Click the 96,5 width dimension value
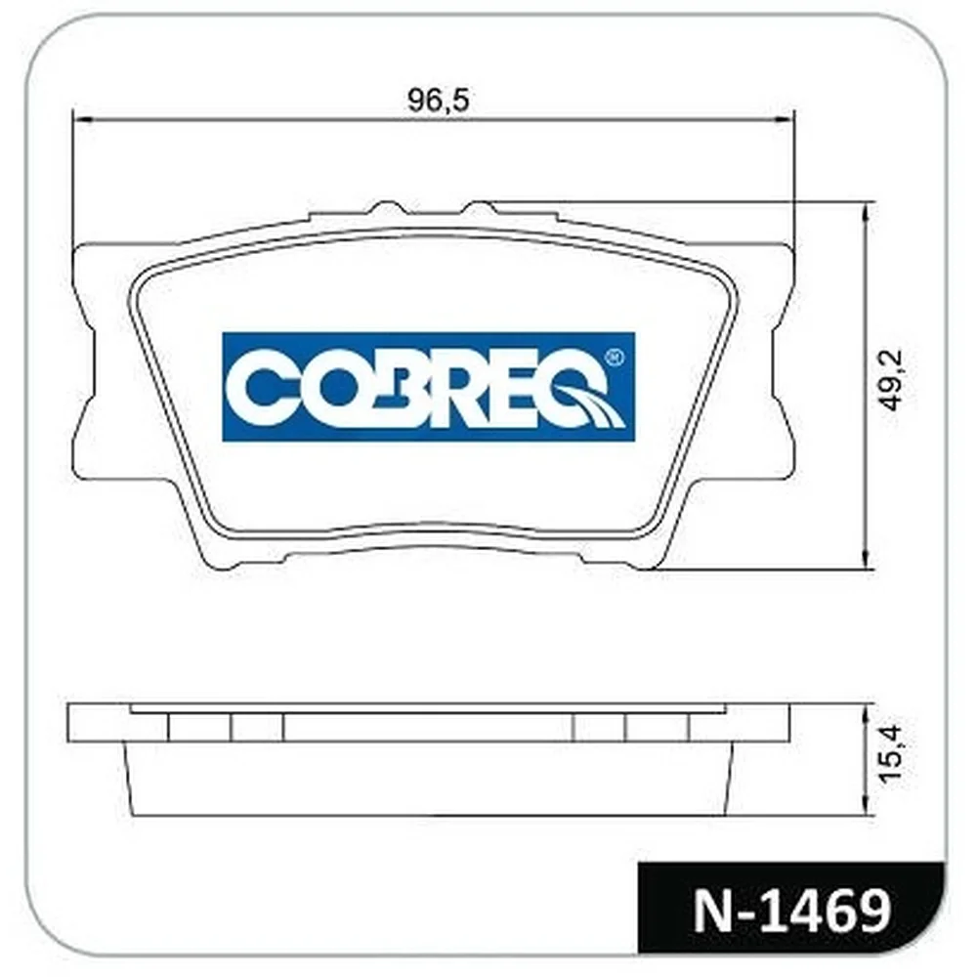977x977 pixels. click(x=438, y=100)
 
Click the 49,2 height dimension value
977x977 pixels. click(x=891, y=380)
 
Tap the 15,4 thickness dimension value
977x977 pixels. click(x=891, y=752)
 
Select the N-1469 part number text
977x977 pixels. click(x=792, y=913)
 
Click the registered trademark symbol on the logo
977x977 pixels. click(x=614, y=357)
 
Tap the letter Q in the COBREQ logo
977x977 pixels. click(x=584, y=390)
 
